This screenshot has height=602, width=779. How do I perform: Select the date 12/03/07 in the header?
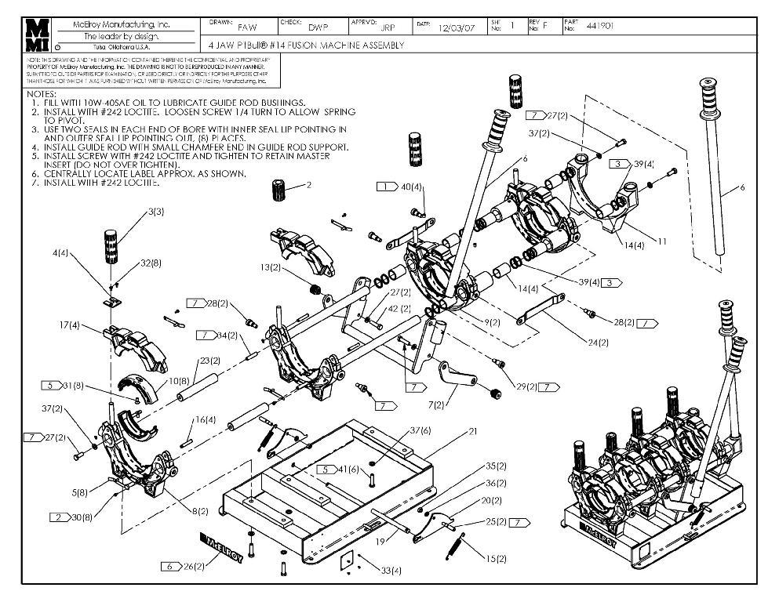point(457,27)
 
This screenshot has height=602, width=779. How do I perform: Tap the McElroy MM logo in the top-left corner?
point(37,35)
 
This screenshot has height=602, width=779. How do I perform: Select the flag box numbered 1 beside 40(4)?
point(387,187)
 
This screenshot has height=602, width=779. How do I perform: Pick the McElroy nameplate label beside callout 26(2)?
point(224,549)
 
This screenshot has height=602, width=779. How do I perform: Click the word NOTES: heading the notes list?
point(42,94)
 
